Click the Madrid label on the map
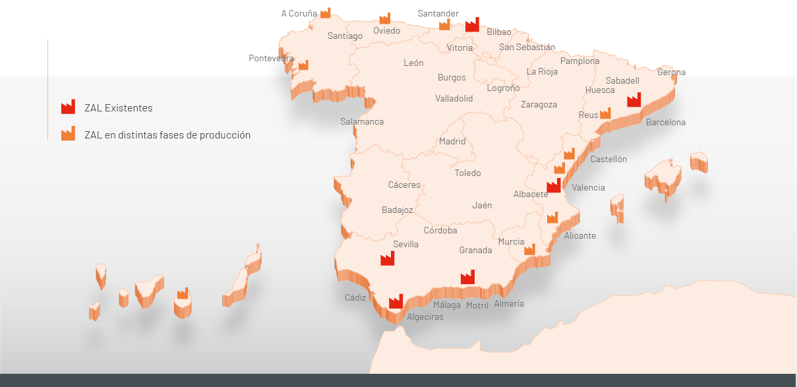pos(452,141)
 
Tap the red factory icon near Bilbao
pos(472,25)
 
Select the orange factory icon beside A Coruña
pos(326,13)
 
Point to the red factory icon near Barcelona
pos(634,100)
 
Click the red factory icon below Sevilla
pos(387,258)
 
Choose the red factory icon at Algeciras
pos(396,301)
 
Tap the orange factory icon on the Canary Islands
pos(183,293)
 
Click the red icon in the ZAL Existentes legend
pos(68,107)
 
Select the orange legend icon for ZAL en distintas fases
pos(68,134)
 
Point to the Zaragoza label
pos(539,104)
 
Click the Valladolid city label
pos(454,98)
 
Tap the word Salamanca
pos(362,121)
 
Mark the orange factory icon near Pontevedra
pos(303,65)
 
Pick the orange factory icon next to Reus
pos(605,113)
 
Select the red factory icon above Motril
pos(467,277)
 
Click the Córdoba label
pos(440,230)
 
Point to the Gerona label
pos(671,72)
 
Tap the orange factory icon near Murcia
pos(529,249)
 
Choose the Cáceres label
pos(404,185)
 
